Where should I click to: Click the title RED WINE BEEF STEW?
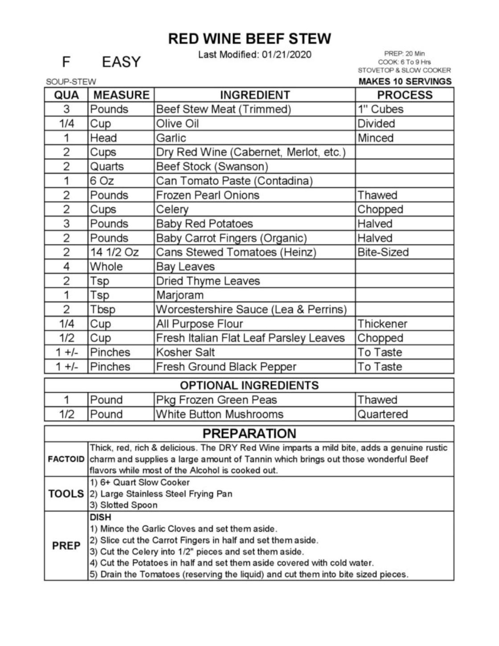pyautogui.click(x=250, y=39)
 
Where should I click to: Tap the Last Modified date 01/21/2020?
pyautogui.click(x=286, y=55)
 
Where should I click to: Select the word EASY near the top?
pyautogui.click(x=121, y=62)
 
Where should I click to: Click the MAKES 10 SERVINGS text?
pyautogui.click(x=405, y=81)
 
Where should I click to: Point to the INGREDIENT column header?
pyautogui.click(x=255, y=95)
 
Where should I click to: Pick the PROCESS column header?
pyautogui.click(x=405, y=95)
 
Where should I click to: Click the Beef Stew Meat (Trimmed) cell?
pyautogui.click(x=223, y=110)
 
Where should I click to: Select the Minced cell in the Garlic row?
pyautogui.click(x=376, y=138)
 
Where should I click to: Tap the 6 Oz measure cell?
pyautogui.click(x=102, y=181)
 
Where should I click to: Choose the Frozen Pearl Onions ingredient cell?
pyautogui.click(x=208, y=195)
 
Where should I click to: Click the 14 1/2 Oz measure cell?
pyautogui.click(x=115, y=252)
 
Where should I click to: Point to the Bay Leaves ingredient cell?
pyautogui.click(x=185, y=267)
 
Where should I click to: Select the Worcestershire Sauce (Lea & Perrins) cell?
pyautogui.click(x=251, y=309)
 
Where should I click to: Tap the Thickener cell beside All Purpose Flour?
pyautogui.click(x=382, y=324)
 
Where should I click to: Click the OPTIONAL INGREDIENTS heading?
pyautogui.click(x=249, y=385)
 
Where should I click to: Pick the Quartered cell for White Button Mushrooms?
pyautogui.click(x=383, y=414)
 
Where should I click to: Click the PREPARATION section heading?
pyautogui.click(x=249, y=434)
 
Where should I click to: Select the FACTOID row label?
pyautogui.click(x=66, y=459)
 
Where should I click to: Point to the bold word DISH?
pyautogui.click(x=101, y=517)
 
